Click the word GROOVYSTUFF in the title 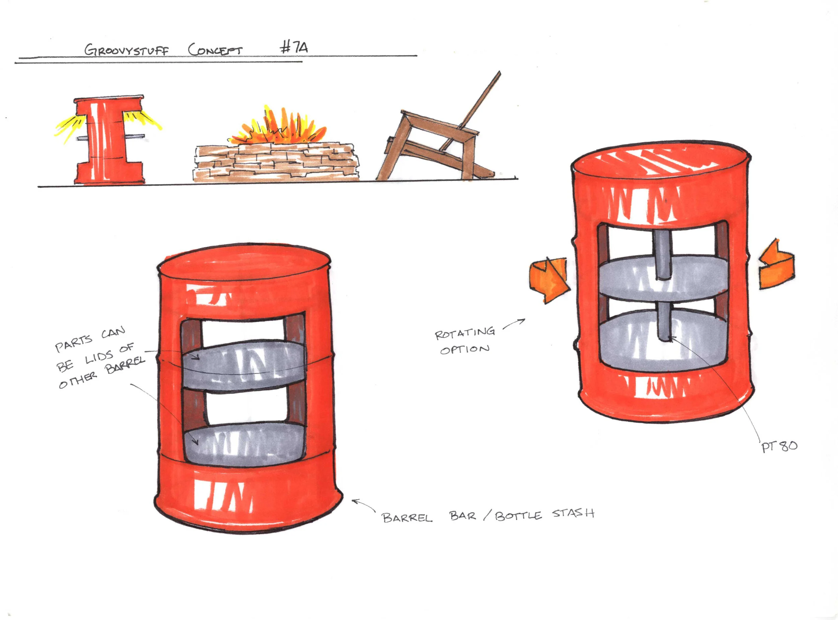click(x=126, y=50)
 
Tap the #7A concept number click(x=294, y=48)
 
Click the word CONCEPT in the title click(x=215, y=50)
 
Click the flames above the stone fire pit click(x=278, y=128)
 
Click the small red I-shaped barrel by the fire click(x=109, y=141)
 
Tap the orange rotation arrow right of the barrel click(x=776, y=264)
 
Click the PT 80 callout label click(x=779, y=446)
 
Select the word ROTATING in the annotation click(x=465, y=333)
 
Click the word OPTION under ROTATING click(x=465, y=350)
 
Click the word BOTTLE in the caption click(x=518, y=516)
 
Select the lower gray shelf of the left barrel click(x=244, y=445)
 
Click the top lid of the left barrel click(x=244, y=264)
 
